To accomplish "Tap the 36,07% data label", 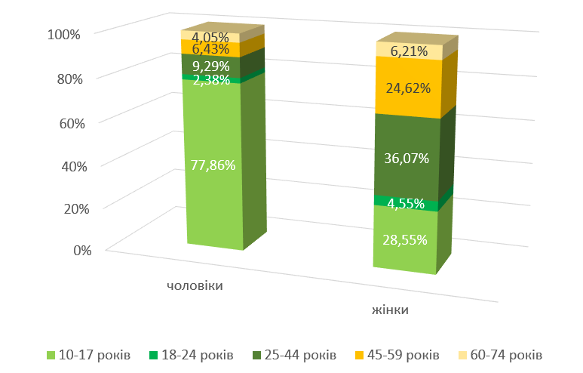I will (407, 159).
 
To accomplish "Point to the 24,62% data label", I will (407, 88).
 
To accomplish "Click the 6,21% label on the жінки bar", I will (409, 52).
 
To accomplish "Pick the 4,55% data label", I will (406, 204).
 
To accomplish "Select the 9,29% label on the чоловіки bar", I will (210, 66).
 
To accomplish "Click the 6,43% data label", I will (210, 50).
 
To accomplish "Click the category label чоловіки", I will (195, 286).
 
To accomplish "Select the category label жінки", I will (395, 310).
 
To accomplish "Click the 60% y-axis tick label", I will (66, 122).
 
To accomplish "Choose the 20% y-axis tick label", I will (66, 208).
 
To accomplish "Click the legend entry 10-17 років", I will (95, 355).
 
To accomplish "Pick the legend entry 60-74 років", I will (505, 355).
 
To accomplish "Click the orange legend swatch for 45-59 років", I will (361, 355).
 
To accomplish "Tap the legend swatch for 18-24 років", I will (154, 355).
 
